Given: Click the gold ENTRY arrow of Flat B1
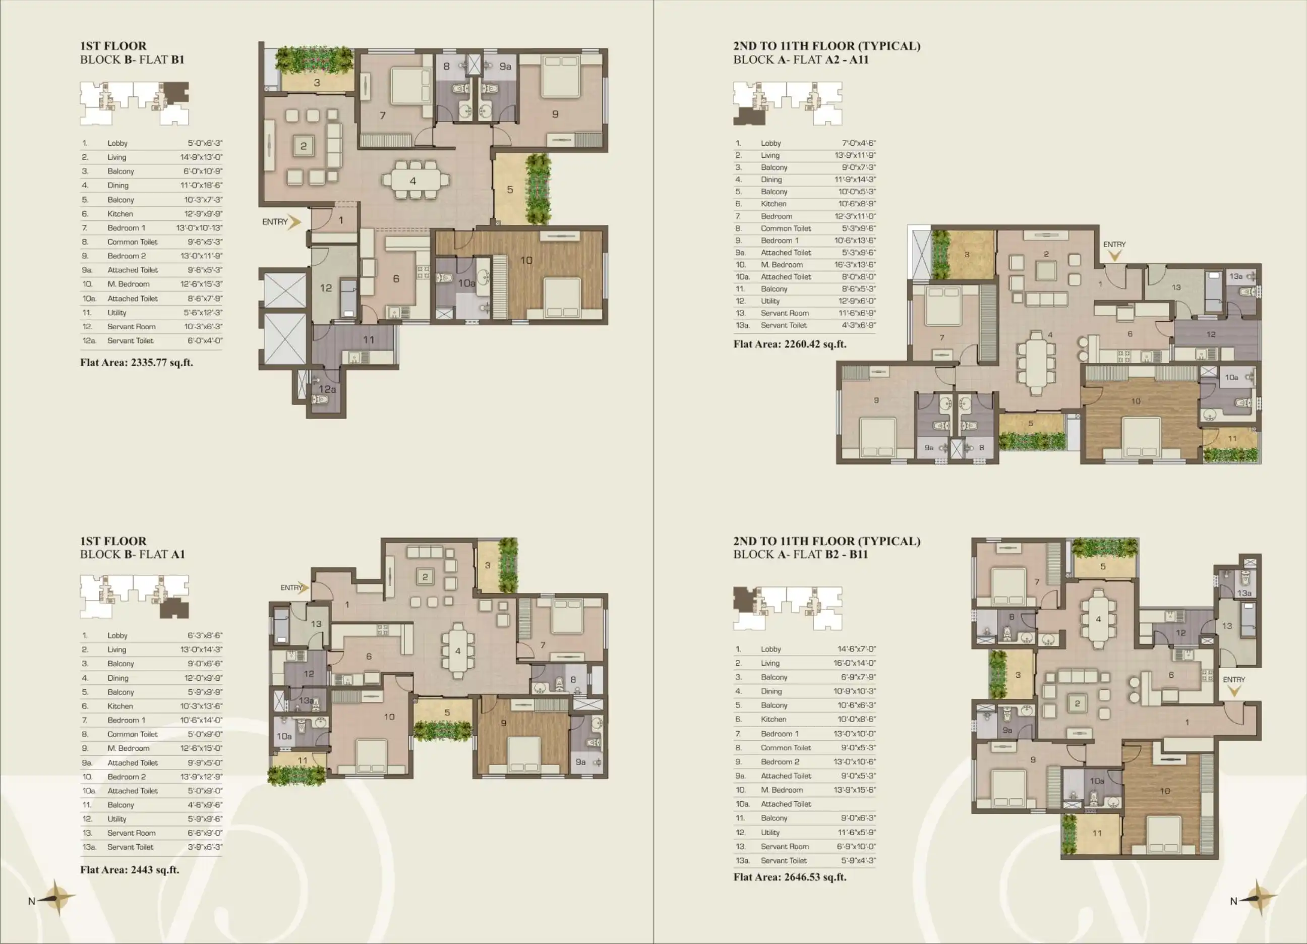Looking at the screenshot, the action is click(x=295, y=222).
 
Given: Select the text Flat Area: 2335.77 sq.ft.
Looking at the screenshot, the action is click(x=137, y=363).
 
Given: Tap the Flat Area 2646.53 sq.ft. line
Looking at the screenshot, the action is click(x=790, y=877).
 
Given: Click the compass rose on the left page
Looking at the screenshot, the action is click(x=56, y=898).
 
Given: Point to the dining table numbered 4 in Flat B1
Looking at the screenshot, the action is click(x=413, y=181).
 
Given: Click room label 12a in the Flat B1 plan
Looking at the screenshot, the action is click(x=327, y=389).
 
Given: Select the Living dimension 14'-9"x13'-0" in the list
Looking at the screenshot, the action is click(x=201, y=157).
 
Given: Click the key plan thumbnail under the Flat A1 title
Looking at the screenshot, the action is click(x=134, y=596).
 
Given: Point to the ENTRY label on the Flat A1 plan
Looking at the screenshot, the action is click(x=291, y=588).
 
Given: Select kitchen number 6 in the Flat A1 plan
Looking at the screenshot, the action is click(x=369, y=657).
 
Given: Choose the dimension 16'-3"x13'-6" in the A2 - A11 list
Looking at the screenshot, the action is click(x=855, y=265).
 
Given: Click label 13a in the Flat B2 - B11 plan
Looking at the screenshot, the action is click(x=1244, y=593).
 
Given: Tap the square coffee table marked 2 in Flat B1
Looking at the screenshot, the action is click(x=303, y=146).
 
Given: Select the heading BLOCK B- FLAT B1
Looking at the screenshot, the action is click(x=132, y=60).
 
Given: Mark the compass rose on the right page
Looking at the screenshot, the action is click(x=1259, y=898).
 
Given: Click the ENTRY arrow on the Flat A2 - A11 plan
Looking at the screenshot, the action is click(x=1114, y=255).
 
